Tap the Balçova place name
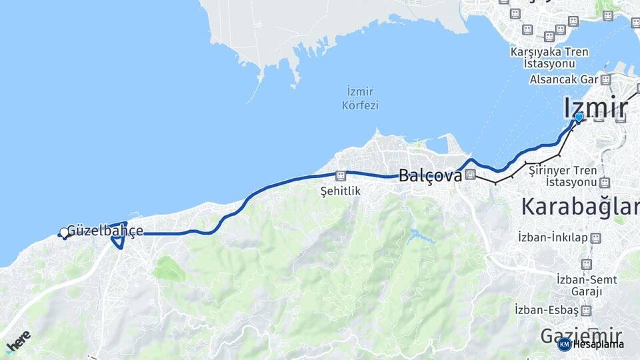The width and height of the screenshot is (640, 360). point(430,177)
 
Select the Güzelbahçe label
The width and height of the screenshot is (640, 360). point(105,231)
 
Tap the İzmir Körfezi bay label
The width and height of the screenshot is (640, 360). point(360,98)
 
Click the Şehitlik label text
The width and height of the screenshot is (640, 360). point(340,191)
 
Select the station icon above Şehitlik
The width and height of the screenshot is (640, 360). point(341,176)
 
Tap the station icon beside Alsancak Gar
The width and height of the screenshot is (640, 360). point(605,80)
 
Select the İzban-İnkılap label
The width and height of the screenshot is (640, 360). point(553,237)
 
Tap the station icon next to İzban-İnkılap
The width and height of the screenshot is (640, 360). point(595,238)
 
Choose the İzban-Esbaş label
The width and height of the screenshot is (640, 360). point(547,310)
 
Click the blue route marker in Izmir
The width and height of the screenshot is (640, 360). point(579,117)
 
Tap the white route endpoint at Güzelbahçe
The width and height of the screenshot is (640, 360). point(64,232)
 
